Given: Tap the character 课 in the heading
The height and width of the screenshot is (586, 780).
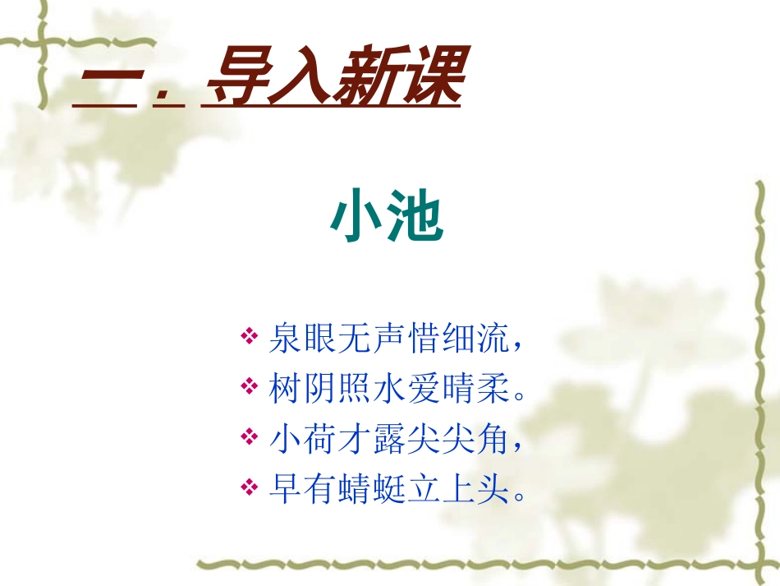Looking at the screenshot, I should (x=425, y=77).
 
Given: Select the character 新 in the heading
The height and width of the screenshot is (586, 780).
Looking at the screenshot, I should (x=364, y=77).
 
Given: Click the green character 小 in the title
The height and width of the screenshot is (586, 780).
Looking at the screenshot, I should (x=358, y=218).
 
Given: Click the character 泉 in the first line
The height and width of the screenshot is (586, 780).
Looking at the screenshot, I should (x=284, y=338).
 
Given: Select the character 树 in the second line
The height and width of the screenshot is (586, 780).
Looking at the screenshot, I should (x=284, y=388).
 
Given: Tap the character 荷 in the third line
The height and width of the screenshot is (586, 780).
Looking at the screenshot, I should (x=319, y=439).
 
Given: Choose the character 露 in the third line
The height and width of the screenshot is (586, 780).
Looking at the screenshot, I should (x=390, y=439).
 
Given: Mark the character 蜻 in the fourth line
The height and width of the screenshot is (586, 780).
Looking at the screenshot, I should (x=355, y=490).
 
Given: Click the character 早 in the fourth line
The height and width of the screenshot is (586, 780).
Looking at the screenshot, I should (x=284, y=490).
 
